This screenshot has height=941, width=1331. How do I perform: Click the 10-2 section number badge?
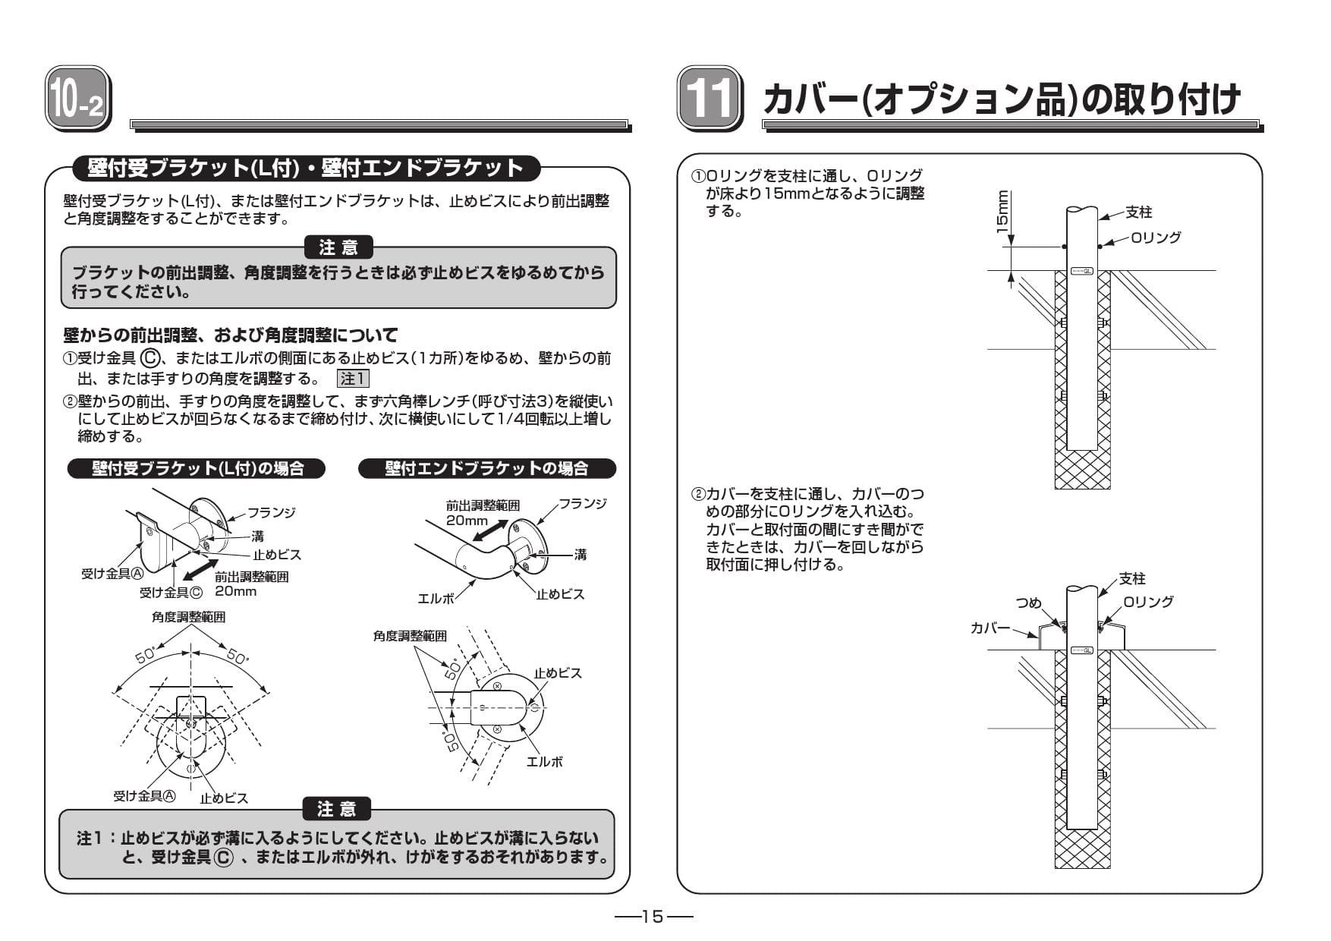(x=77, y=99)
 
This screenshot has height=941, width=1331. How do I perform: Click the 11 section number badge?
(x=709, y=99)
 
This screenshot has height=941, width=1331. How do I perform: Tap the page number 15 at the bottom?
(x=653, y=917)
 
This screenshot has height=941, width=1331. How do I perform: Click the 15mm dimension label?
(x=1002, y=212)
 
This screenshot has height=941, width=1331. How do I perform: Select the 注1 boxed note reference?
(x=353, y=379)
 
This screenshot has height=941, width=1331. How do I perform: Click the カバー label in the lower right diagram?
(x=990, y=628)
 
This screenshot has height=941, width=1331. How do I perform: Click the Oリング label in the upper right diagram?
(x=1155, y=238)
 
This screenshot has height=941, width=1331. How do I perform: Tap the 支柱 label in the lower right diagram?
(x=1131, y=579)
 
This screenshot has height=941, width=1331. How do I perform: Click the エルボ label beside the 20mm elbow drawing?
(x=436, y=598)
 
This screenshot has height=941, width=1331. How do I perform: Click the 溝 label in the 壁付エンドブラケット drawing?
(x=580, y=555)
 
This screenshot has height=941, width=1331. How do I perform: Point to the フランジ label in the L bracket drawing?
(x=271, y=512)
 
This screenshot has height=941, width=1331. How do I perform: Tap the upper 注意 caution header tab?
(x=338, y=247)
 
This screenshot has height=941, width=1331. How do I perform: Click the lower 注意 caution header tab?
(x=337, y=809)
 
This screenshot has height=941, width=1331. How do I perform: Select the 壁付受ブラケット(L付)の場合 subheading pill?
(x=197, y=469)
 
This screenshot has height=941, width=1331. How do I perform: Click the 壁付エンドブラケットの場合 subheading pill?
(x=486, y=469)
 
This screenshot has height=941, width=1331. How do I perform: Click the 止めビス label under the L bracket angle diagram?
(x=224, y=798)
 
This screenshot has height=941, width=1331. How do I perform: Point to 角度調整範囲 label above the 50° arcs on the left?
(x=188, y=617)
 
